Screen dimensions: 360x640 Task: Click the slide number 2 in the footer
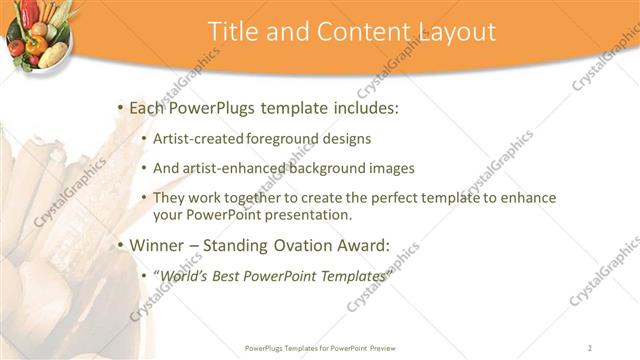click(x=590, y=347)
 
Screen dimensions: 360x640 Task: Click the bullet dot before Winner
click(x=120, y=243)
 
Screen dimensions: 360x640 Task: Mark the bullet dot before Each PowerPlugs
click(x=120, y=107)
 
